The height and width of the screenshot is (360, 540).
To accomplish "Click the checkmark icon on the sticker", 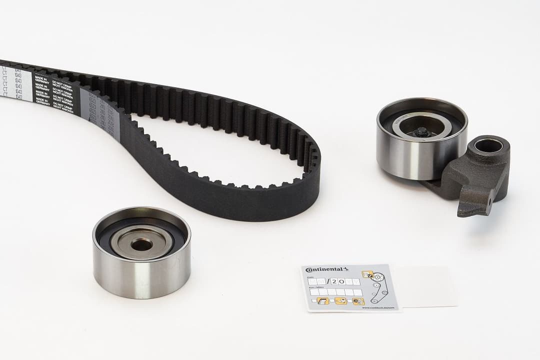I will [x=369, y=274].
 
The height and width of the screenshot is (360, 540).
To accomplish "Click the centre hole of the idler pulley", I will [x=141, y=244].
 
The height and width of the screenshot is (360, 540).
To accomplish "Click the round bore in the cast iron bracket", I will [x=488, y=146].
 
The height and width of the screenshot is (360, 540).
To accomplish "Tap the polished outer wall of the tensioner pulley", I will [x=407, y=157].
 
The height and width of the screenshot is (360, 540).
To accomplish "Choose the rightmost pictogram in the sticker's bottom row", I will [x=358, y=301].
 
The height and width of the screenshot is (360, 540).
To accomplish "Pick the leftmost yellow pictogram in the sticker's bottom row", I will [x=323, y=301].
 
